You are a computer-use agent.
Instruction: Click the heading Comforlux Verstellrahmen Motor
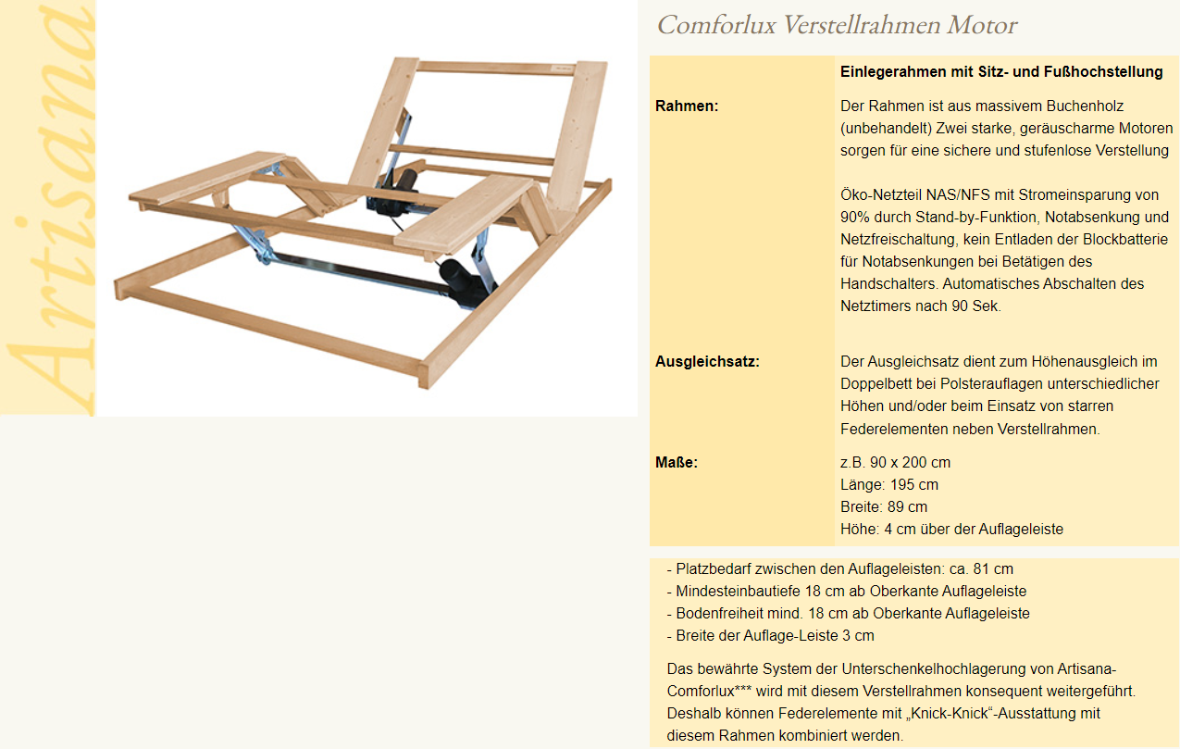click(837, 25)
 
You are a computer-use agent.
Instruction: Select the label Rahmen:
click(687, 106)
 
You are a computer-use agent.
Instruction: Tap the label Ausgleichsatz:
click(707, 361)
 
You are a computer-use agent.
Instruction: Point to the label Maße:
click(677, 462)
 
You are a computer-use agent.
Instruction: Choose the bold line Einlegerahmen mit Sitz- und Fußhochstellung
click(1001, 71)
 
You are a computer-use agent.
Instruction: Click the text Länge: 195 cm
click(888, 484)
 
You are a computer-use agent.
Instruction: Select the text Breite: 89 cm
click(883, 506)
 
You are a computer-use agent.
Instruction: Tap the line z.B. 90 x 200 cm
click(895, 462)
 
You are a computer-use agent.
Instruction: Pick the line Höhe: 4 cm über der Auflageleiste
click(951, 529)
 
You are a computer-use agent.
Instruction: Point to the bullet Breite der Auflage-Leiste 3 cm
click(770, 635)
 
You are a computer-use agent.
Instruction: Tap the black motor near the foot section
click(464, 279)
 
